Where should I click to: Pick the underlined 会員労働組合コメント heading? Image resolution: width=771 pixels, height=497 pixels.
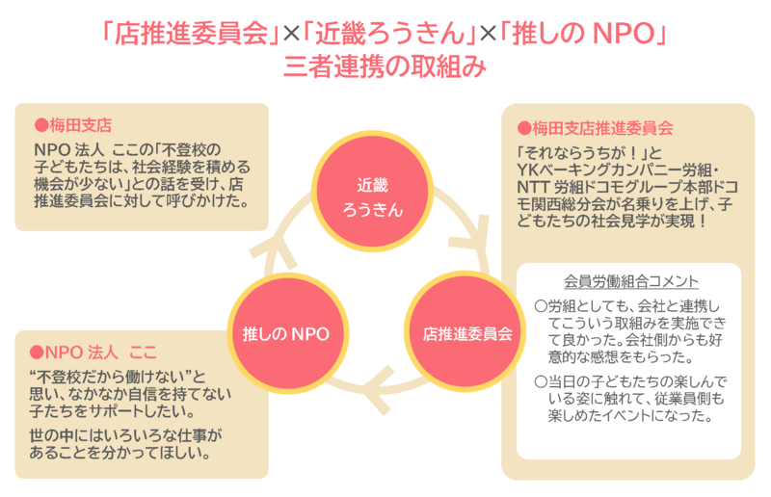tap(630, 282)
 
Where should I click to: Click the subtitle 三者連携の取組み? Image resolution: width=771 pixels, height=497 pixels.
tap(385, 67)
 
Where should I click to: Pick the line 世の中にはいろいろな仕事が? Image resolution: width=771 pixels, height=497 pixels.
tap(126, 435)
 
